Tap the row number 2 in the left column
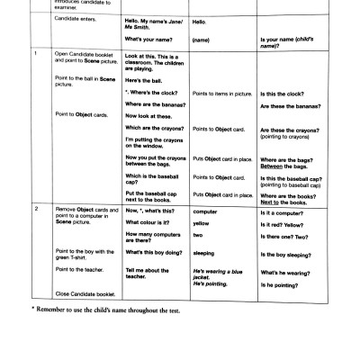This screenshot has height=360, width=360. click(35, 209)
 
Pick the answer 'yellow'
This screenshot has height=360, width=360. click(201, 221)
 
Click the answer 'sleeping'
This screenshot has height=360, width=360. click(204, 254)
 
